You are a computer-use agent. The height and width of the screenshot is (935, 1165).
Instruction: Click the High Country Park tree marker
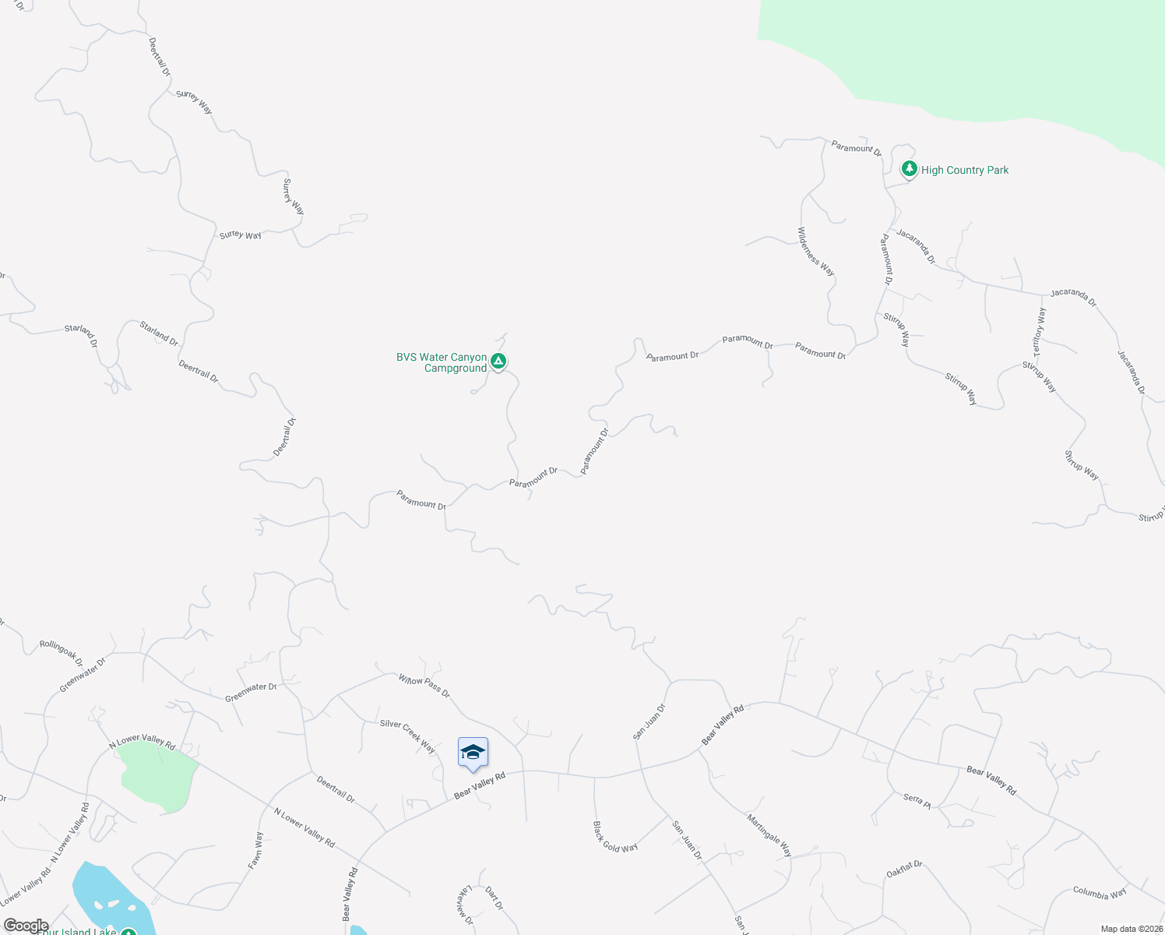(909, 168)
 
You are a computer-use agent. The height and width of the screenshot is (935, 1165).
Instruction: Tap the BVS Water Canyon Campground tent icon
(498, 361)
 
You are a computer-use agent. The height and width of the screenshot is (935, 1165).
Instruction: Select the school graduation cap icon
(473, 752)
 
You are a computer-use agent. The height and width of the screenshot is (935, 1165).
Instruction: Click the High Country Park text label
(965, 170)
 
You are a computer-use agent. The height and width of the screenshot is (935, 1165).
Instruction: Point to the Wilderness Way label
(815, 252)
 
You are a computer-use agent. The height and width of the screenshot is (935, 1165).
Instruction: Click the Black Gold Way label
(614, 837)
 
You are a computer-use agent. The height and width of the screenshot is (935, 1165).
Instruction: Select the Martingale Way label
(769, 835)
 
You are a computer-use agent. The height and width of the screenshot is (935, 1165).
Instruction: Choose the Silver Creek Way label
(407, 736)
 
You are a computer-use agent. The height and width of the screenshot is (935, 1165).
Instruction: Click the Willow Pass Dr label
(424, 686)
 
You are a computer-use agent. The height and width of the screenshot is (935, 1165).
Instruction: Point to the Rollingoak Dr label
(62, 652)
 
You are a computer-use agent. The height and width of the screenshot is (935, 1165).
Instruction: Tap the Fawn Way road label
(259, 850)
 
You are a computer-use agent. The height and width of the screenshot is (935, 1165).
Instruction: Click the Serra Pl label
(917, 800)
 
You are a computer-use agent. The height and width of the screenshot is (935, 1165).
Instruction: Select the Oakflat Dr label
(904, 870)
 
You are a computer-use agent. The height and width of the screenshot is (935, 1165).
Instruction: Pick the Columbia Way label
(1100, 893)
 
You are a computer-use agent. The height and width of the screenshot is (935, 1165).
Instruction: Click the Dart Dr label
(494, 898)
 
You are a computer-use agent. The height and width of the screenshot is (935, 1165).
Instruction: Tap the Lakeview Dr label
(466, 905)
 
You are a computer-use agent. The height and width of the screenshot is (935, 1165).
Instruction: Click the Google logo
(26, 926)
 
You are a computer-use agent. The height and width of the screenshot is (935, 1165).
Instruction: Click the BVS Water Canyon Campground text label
(442, 362)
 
